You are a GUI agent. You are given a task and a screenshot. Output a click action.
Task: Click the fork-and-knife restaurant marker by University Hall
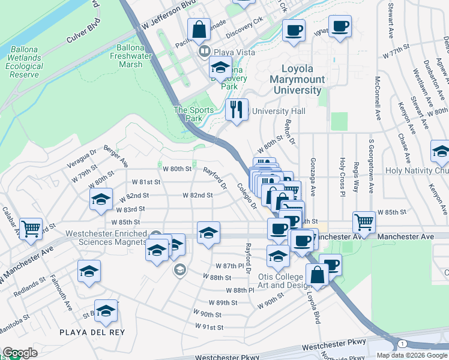tap(237, 110)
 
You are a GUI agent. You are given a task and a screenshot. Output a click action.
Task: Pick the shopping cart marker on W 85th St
tap(364, 222)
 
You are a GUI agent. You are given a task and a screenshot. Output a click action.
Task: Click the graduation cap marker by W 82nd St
tap(101, 199)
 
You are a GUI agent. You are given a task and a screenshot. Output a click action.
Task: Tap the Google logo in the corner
tap(20, 353)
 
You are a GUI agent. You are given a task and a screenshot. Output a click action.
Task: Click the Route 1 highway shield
tap(401, 343)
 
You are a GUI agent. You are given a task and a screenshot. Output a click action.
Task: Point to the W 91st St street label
tap(209, 327)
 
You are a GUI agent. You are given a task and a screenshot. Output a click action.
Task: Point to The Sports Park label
tap(188, 114)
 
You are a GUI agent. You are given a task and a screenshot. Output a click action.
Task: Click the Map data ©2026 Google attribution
tap(412, 355)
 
